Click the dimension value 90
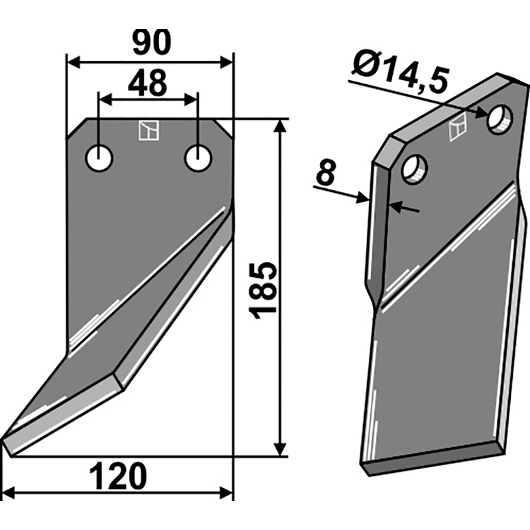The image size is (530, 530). click(152, 43)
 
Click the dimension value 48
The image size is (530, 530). click(147, 83)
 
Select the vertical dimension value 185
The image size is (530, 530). click(263, 290)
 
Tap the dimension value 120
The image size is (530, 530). click(119, 477)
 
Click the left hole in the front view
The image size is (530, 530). click(99, 158)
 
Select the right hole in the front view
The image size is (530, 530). click(198, 158)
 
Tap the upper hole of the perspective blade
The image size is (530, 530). click(500, 120)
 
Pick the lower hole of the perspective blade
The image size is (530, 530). click(415, 169)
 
